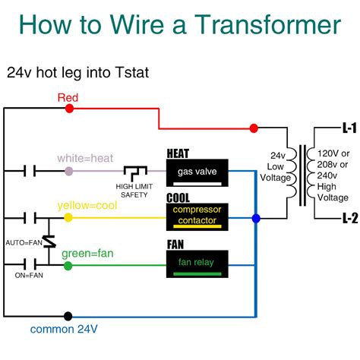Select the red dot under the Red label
(x=70, y=109)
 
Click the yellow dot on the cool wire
(x=68, y=218)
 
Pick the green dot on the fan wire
(x=68, y=265)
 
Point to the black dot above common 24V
(x=69, y=316)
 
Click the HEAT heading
(x=178, y=154)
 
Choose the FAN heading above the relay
(x=175, y=245)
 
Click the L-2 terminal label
(x=349, y=218)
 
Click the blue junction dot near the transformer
(x=255, y=219)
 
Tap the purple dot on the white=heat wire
(x=69, y=172)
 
